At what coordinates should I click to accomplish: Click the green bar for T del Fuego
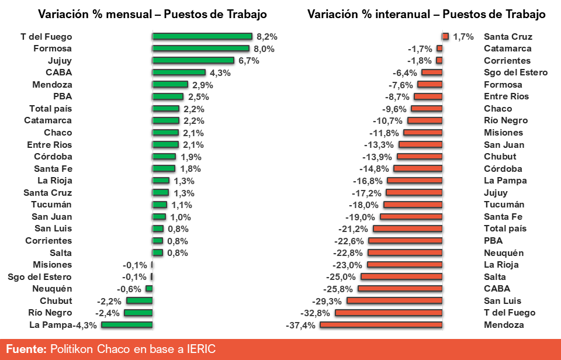(x=202, y=36)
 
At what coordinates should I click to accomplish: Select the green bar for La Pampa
(x=127, y=325)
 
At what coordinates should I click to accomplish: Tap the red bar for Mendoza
(x=381, y=325)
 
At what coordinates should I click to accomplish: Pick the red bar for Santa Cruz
(x=445, y=36)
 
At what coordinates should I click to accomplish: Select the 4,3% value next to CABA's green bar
(x=220, y=73)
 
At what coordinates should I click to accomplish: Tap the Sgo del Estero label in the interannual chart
(x=515, y=72)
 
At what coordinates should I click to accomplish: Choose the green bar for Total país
(x=165, y=109)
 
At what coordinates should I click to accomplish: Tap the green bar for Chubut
(x=139, y=301)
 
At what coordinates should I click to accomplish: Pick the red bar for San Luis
(x=394, y=301)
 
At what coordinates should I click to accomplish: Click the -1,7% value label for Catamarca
(x=420, y=49)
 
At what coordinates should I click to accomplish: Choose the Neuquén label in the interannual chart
(x=504, y=253)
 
